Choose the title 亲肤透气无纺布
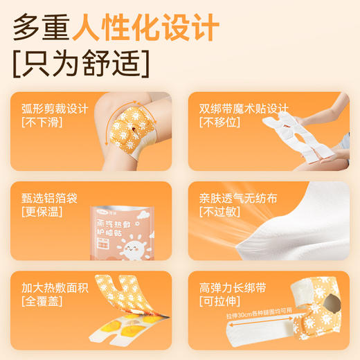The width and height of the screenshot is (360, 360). pos(235,198)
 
